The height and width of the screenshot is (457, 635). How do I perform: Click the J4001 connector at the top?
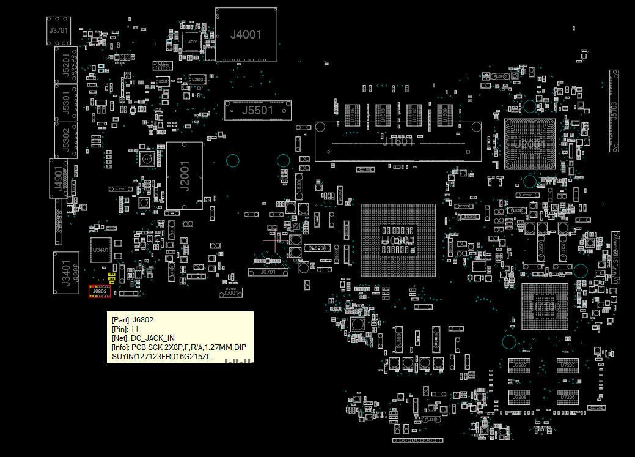point(246,35)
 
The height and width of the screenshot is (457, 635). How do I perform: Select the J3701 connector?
point(59,30)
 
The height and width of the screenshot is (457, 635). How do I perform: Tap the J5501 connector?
point(257,111)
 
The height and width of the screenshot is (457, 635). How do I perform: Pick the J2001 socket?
point(184,176)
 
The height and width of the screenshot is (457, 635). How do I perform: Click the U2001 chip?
point(529,144)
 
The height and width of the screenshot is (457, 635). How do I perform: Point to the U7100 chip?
point(545,307)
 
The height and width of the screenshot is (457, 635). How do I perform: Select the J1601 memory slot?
point(398,142)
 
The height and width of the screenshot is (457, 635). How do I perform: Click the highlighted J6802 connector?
point(99,292)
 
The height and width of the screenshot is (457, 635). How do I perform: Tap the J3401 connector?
point(66,270)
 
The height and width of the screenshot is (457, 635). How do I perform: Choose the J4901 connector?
point(59,178)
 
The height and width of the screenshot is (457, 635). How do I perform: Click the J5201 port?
point(66,65)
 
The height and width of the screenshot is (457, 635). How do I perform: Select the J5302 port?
point(66,140)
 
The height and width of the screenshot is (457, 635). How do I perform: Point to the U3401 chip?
point(101,250)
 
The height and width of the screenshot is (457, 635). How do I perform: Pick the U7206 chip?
point(567,397)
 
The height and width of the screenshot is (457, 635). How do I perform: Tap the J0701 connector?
point(268,272)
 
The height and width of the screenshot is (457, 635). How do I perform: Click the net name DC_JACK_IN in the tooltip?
point(153,338)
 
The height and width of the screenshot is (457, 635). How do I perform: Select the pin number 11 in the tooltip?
point(134,329)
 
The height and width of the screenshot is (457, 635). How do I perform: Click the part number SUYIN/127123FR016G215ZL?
point(161,356)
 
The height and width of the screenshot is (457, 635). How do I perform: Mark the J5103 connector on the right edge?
point(614,111)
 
